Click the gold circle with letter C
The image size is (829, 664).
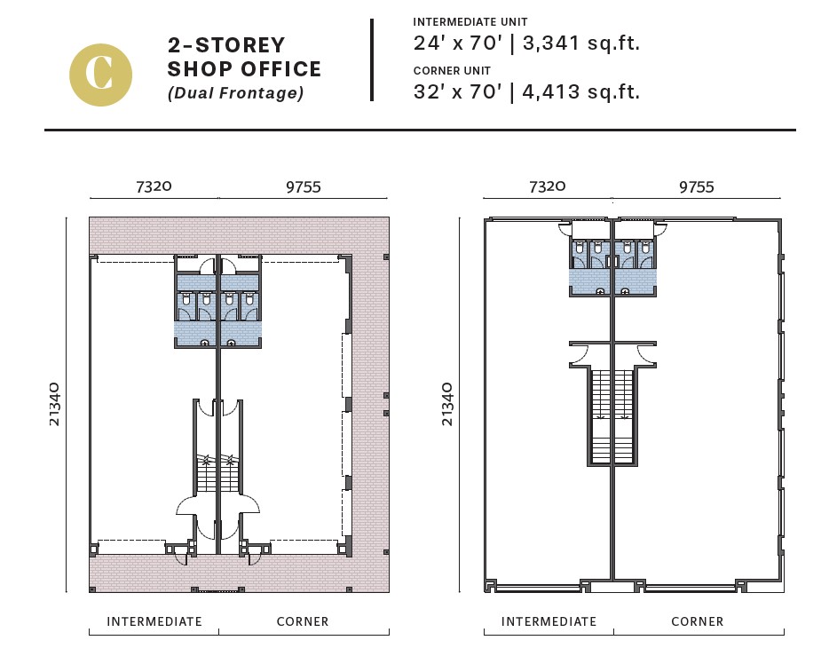coord(100,75)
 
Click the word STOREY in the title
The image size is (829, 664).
coord(241,45)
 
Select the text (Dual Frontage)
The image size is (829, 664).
coord(236,93)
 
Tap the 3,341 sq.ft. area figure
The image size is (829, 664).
coord(581,43)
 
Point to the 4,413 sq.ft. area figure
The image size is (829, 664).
coord(581,91)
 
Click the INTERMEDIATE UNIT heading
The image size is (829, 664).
coord(470,22)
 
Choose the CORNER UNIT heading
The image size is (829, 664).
coord(452,71)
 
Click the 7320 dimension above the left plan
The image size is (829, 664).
coord(154,186)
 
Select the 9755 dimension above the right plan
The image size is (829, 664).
coord(696,187)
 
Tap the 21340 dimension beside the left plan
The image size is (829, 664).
coord(54,404)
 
